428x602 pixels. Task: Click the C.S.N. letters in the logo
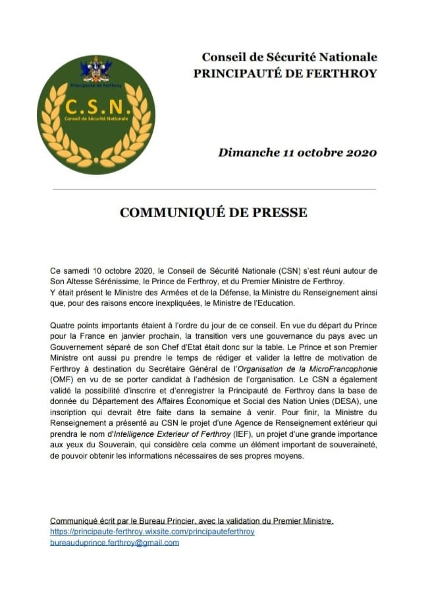coord(96,107)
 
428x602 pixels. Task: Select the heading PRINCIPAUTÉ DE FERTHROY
coord(285,73)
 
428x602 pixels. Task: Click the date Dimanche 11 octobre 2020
coord(298,153)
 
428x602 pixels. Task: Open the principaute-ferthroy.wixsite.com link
coord(152,531)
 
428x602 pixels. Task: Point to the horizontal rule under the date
coord(213,189)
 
